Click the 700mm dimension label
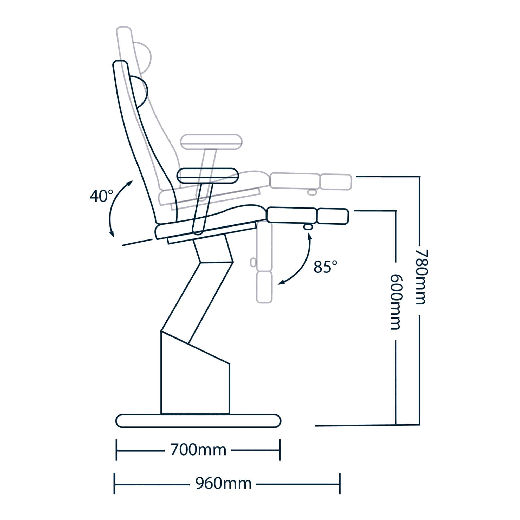click(x=198, y=450)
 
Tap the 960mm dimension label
click(x=223, y=484)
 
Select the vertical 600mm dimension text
click(x=396, y=302)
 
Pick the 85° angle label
click(x=326, y=267)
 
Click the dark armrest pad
click(x=207, y=175)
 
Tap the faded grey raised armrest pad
click(x=211, y=142)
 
